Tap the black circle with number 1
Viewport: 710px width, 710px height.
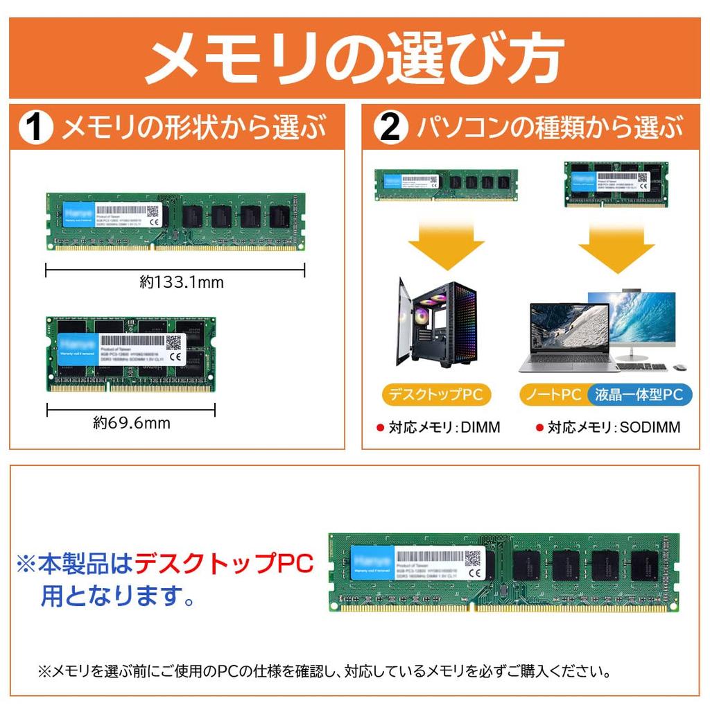[36, 128]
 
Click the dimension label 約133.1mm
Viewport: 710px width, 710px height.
[182, 282]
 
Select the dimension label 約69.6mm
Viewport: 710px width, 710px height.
[132, 422]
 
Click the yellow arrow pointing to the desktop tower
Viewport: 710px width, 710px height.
[446, 245]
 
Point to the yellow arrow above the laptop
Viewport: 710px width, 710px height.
[616, 245]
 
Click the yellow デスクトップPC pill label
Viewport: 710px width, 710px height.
[436, 395]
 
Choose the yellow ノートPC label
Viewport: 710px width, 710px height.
[553, 395]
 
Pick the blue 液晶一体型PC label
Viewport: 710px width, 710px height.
[639, 395]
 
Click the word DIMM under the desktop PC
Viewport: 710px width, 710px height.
[476, 428]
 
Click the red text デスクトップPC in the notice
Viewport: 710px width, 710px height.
[223, 564]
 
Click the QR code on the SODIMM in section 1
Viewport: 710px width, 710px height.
[173, 342]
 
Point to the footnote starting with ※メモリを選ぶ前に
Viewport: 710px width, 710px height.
[324, 671]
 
